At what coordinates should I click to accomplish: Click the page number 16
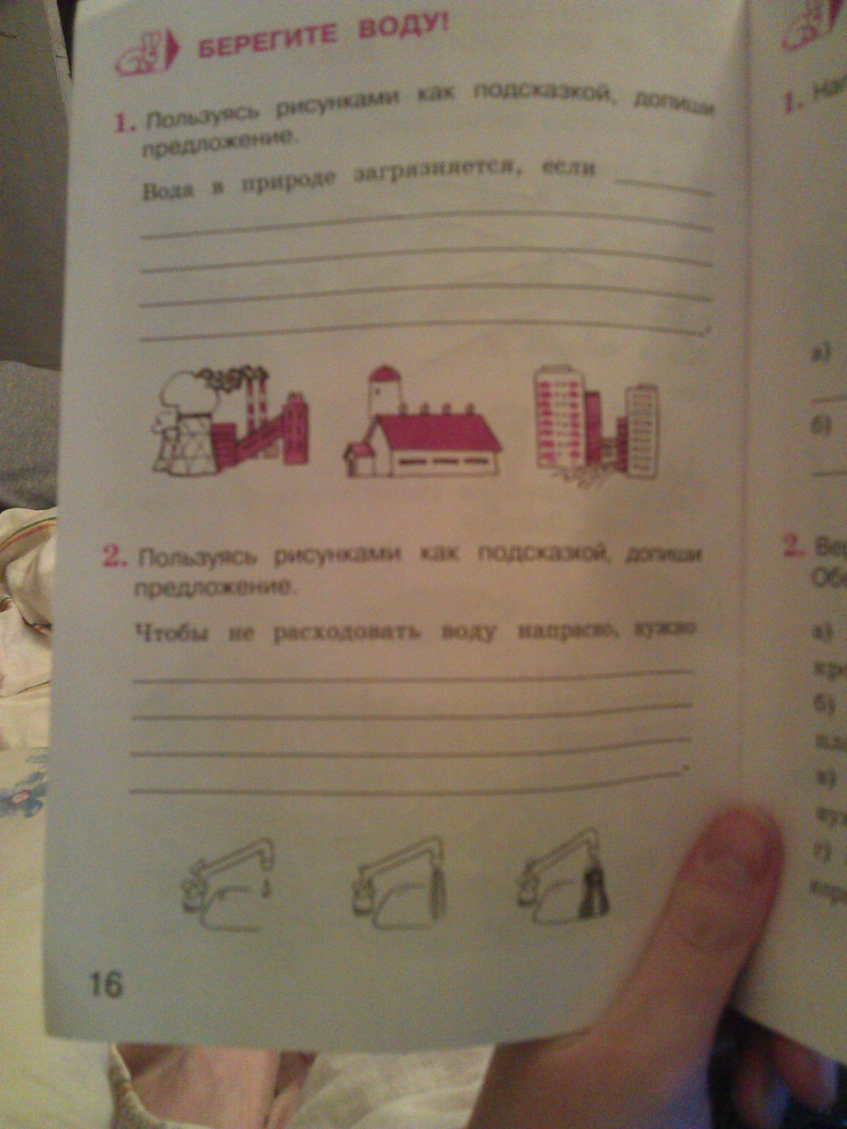(x=104, y=983)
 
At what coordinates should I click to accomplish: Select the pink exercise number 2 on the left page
(x=113, y=557)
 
